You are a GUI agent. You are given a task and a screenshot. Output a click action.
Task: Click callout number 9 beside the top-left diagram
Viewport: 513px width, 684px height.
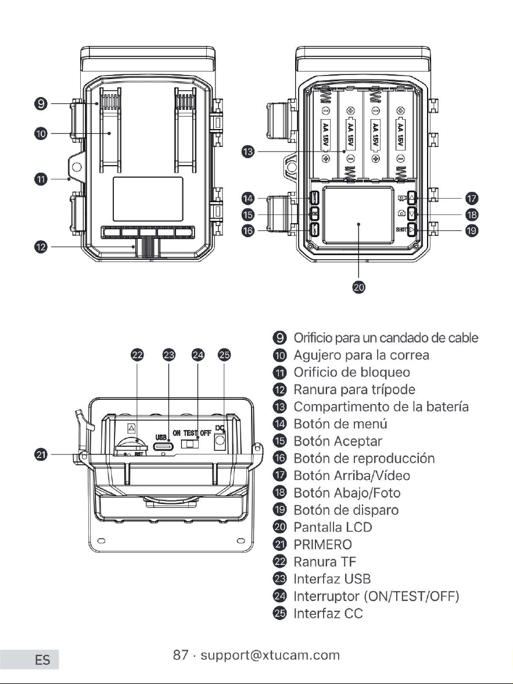(x=41, y=104)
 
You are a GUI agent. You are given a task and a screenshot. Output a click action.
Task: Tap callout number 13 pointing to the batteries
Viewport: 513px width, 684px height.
(x=247, y=151)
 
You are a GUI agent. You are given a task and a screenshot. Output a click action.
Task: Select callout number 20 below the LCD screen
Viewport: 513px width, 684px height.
(x=358, y=287)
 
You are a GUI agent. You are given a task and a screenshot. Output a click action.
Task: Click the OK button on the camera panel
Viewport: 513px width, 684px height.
(x=314, y=214)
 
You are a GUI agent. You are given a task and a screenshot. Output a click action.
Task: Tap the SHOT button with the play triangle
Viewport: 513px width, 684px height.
(x=412, y=230)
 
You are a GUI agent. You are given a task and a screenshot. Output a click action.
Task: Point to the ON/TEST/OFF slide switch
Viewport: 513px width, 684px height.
(x=190, y=443)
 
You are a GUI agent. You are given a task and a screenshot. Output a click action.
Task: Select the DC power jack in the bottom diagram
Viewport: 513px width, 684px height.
(x=220, y=442)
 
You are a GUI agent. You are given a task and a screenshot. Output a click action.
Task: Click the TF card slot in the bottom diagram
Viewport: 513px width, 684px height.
(x=131, y=445)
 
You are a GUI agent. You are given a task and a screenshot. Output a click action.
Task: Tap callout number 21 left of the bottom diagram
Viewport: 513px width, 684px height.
(x=41, y=454)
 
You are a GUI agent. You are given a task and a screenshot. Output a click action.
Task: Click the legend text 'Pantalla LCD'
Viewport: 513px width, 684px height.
(x=333, y=527)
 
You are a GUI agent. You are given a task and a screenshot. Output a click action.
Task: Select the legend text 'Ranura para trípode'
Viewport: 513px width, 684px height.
(x=354, y=389)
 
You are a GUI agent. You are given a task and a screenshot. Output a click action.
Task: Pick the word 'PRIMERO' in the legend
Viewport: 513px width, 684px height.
(x=322, y=545)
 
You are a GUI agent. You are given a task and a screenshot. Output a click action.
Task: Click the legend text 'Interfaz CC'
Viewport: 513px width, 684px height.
(x=328, y=613)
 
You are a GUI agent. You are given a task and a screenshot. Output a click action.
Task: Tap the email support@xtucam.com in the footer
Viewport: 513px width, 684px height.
(x=270, y=655)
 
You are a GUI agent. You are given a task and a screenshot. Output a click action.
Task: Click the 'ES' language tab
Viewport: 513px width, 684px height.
(x=43, y=660)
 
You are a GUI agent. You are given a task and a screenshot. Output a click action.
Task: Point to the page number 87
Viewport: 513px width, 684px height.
(x=181, y=655)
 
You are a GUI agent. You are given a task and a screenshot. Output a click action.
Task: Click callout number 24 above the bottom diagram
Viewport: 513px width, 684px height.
(x=198, y=354)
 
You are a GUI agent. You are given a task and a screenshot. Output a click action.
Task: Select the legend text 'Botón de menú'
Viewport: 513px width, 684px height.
(x=340, y=424)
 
